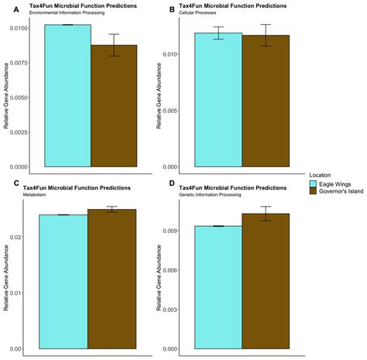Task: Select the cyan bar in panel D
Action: pyautogui.click(x=218, y=287)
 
